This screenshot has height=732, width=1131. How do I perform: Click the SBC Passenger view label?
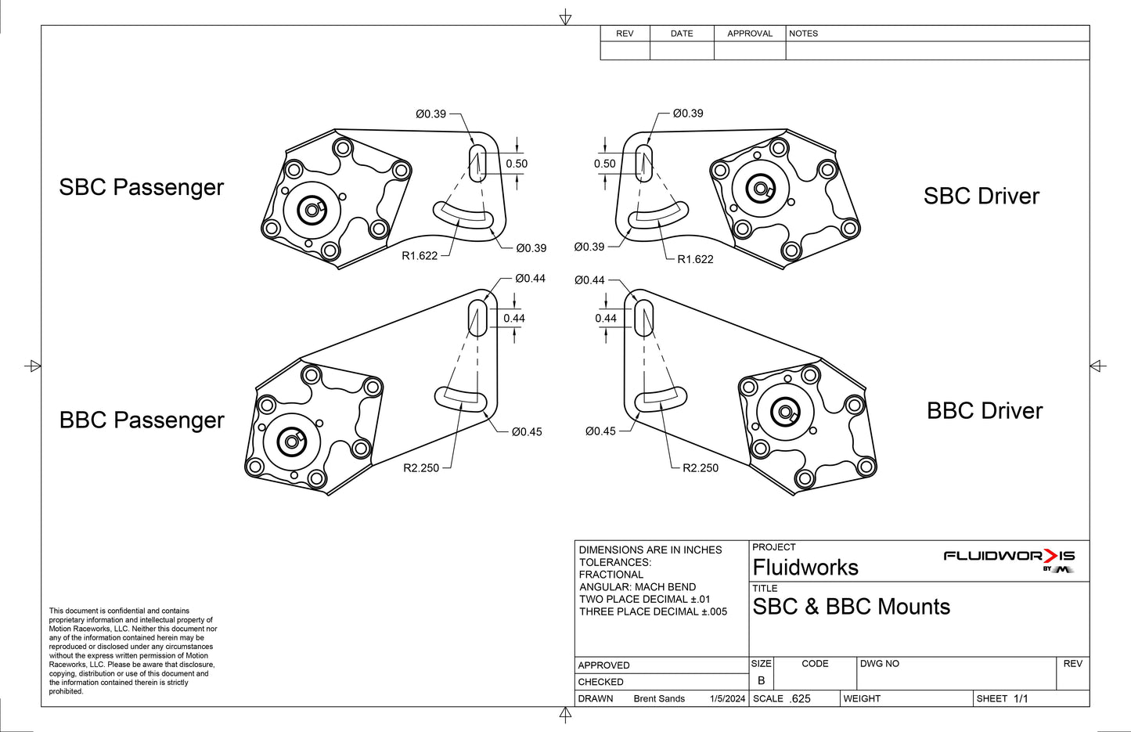pyautogui.click(x=141, y=188)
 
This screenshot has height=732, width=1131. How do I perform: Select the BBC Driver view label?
pyautogui.click(x=984, y=411)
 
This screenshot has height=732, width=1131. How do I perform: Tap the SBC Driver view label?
pyautogui.click(x=981, y=197)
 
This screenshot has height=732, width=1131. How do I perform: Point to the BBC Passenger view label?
pyautogui.click(x=142, y=420)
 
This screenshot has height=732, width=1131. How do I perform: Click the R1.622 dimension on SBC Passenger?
pyautogui.click(x=420, y=256)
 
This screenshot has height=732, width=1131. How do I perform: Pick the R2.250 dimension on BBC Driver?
pyautogui.click(x=700, y=468)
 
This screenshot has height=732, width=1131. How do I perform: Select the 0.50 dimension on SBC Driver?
pyautogui.click(x=604, y=164)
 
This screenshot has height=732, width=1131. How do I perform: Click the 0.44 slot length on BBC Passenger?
pyautogui.click(x=514, y=319)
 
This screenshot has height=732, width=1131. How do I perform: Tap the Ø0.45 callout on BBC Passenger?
pyautogui.click(x=526, y=432)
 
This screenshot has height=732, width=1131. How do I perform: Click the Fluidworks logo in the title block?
pyautogui.click(x=1009, y=559)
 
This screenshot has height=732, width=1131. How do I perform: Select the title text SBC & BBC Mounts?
pyautogui.click(x=851, y=608)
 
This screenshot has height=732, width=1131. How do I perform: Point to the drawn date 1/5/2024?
pyautogui.click(x=727, y=699)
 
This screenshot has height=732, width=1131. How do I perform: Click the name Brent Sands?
pyautogui.click(x=659, y=699)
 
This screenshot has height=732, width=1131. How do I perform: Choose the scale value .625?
pyautogui.click(x=800, y=699)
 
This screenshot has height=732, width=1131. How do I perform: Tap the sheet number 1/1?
pyautogui.click(x=1021, y=699)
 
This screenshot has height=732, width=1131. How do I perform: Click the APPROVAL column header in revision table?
pyautogui.click(x=749, y=34)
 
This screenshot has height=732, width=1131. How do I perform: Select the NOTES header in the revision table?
pyautogui.click(x=803, y=34)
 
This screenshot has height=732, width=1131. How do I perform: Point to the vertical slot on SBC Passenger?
pyautogui.click(x=477, y=162)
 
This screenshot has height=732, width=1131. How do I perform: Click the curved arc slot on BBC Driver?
pyautogui.click(x=661, y=398)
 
